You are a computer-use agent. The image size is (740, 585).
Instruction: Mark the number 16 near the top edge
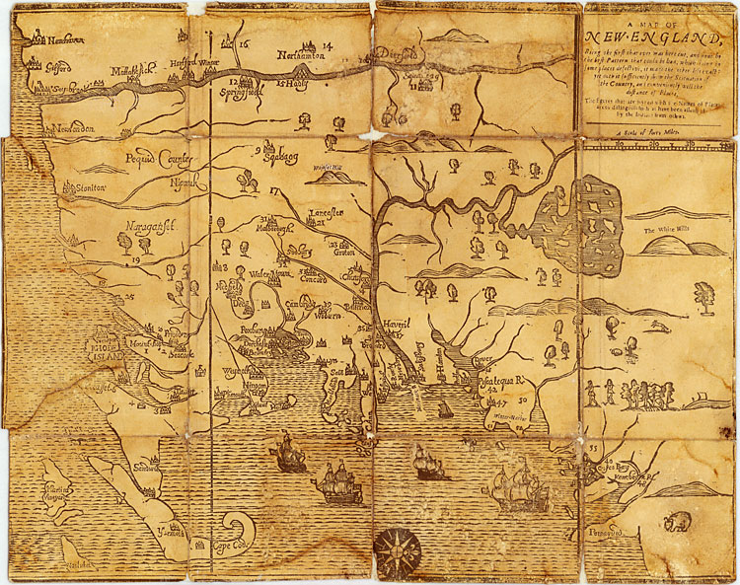tap(245, 44)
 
